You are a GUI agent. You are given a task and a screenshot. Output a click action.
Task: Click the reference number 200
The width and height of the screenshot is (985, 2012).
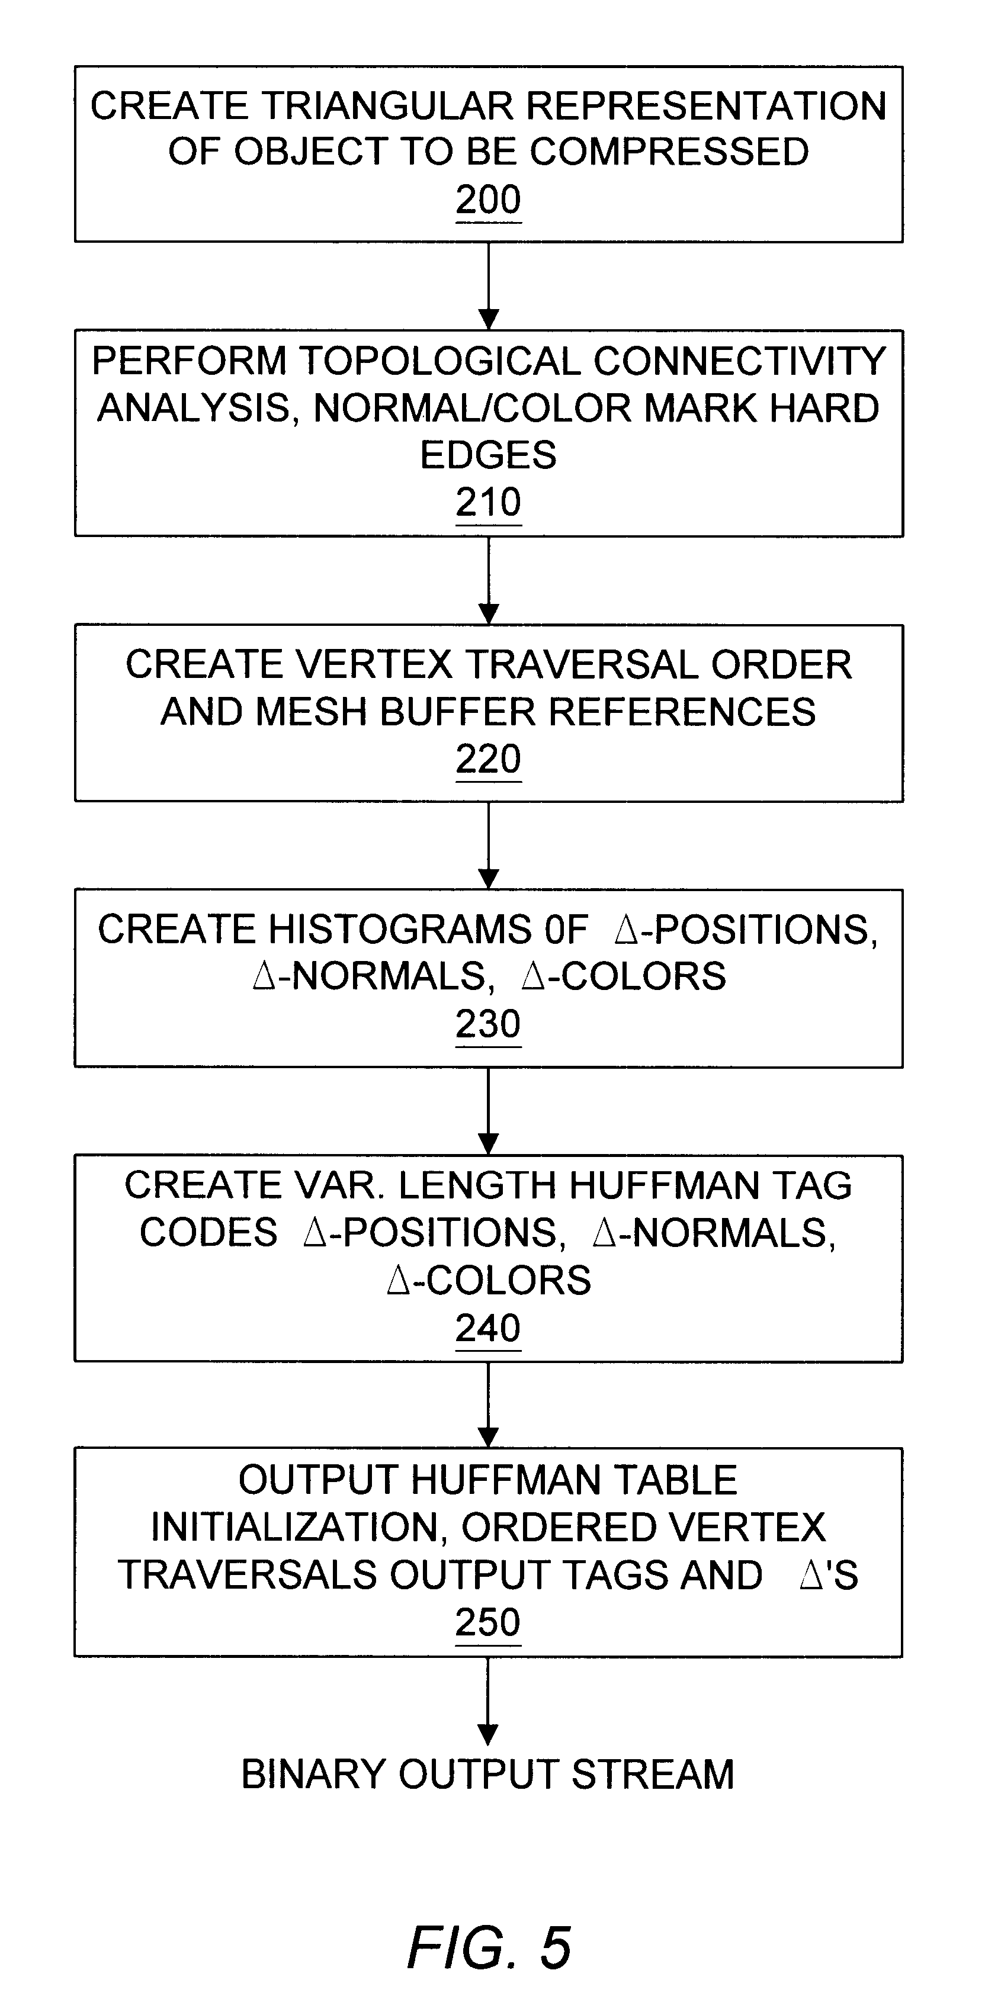point(488,200)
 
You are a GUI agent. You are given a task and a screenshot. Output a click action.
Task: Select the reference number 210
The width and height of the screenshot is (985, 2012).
point(488,502)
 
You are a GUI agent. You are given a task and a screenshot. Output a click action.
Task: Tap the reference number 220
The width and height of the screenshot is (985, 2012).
point(488,759)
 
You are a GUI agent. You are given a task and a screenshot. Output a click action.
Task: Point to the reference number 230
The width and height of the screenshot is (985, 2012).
point(488,1024)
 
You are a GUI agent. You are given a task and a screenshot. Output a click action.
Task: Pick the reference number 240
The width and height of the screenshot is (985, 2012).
point(488,1328)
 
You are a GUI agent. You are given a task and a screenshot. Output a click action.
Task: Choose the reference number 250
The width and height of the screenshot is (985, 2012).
point(488,1622)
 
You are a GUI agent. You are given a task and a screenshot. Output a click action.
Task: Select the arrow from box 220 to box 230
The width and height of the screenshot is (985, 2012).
point(488,845)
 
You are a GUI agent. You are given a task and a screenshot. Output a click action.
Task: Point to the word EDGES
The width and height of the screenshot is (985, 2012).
point(488,455)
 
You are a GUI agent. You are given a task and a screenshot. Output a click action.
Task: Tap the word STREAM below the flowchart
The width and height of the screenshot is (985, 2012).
point(653,1774)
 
